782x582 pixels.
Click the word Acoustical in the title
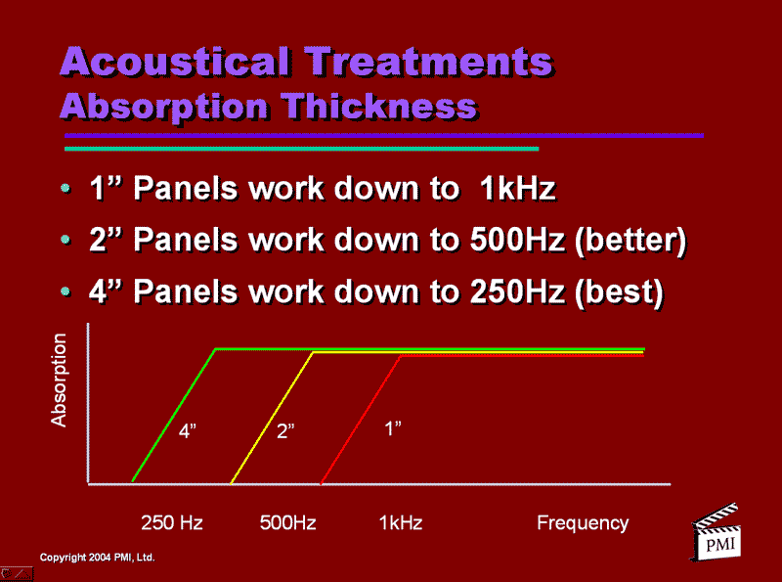pos(175,63)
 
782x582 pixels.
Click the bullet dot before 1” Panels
pos(65,189)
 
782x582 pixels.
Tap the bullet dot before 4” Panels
pos(65,291)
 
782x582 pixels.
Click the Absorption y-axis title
pos(60,380)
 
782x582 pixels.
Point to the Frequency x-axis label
pos(583,523)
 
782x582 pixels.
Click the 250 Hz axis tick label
pos(172,523)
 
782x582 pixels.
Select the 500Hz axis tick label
pos(287,523)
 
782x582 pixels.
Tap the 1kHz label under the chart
pos(401,523)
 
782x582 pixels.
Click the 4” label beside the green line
pos(189,431)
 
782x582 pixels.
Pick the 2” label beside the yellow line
pos(285,431)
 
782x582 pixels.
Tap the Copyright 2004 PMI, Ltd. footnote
pos(97,558)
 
